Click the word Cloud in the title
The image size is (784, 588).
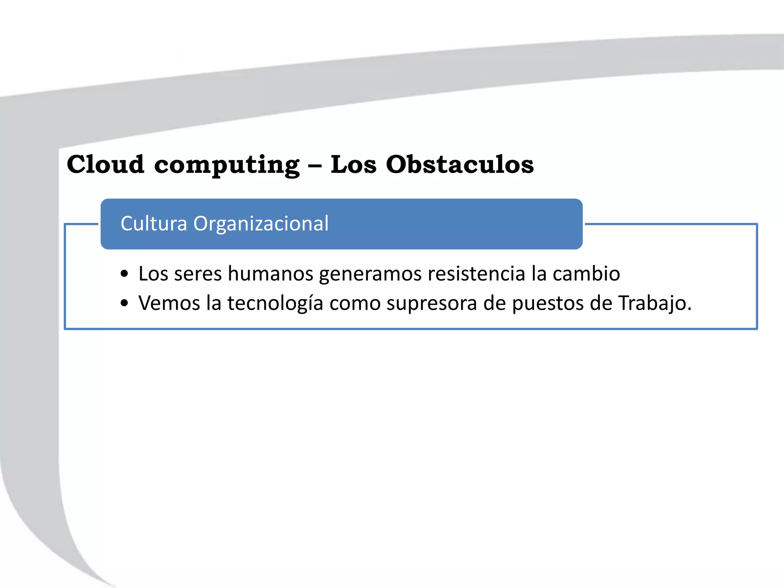point(106,165)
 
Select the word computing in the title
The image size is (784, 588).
point(227,165)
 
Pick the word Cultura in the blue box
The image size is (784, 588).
point(154,224)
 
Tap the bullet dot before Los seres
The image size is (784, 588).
point(124,274)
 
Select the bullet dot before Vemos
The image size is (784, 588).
point(124,303)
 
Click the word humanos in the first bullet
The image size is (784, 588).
point(270,274)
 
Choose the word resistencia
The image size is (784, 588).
point(476,274)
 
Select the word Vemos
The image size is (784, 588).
point(169,303)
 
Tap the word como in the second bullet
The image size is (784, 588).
point(355,303)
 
